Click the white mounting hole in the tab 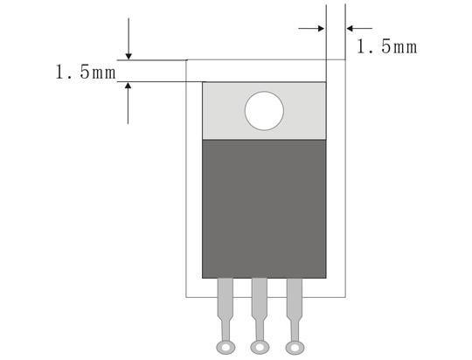click(265, 111)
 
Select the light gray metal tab click(223, 111)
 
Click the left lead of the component click(226, 302)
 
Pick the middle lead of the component click(259, 302)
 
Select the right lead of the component click(294, 302)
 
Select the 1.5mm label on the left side click(86, 73)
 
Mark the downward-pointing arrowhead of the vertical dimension click(128, 55)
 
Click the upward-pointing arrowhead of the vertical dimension click(128, 87)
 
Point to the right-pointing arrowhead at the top click(321, 28)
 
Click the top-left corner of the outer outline click(187, 60)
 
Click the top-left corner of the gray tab click(203, 82)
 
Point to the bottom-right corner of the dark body click(326, 277)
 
